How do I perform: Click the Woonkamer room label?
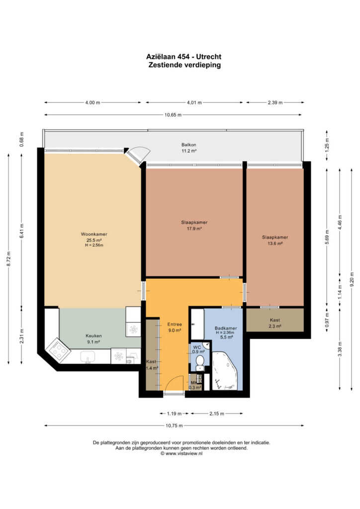(94, 234)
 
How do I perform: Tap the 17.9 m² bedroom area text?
(194, 229)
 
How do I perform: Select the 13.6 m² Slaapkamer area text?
(275, 244)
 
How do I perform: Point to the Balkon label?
(188, 145)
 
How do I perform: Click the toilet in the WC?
(200, 362)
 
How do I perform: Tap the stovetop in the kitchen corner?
(58, 349)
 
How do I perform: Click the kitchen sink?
(88, 357)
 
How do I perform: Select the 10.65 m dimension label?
(173, 115)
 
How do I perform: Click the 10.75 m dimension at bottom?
(174, 425)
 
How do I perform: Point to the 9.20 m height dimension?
(352, 279)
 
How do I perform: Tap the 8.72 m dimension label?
(9, 259)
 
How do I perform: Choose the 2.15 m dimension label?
(216, 414)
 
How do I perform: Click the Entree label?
(175, 324)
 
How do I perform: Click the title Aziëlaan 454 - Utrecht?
(184, 57)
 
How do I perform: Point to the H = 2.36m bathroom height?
(225, 333)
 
